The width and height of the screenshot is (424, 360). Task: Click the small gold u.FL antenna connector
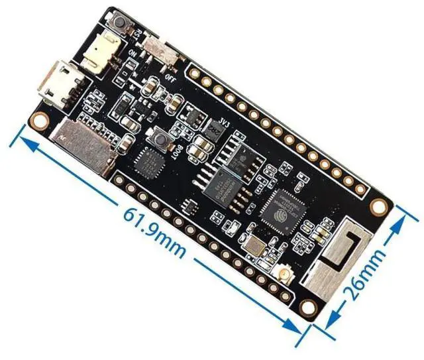pyautogui.click(x=283, y=277)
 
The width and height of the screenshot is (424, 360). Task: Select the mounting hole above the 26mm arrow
pyautogui.click(x=379, y=206)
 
